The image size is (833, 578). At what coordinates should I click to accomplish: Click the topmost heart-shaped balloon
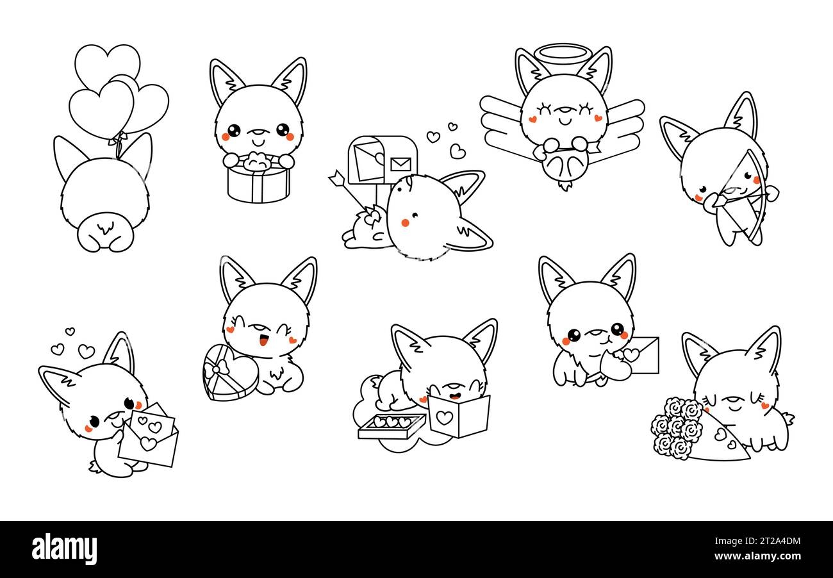click(x=107, y=63)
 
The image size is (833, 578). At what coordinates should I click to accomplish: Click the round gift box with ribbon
click(x=258, y=183)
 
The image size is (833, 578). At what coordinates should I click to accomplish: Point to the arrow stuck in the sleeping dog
click(x=349, y=192)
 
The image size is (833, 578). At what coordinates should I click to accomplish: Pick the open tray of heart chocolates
click(x=391, y=425)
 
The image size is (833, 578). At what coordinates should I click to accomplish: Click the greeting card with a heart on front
click(x=458, y=416)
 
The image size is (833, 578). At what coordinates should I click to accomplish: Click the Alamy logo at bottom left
click(x=64, y=549)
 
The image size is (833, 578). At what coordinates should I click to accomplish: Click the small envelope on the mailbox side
click(x=400, y=163)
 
